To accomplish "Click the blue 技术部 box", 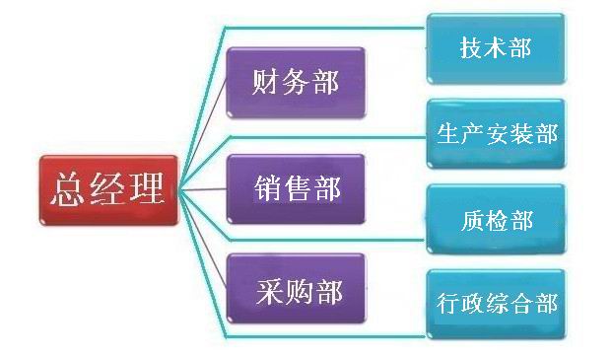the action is pyautogui.click(x=496, y=47).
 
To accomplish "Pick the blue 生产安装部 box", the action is pyautogui.click(x=496, y=132).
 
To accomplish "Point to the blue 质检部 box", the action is pyautogui.click(x=496, y=219).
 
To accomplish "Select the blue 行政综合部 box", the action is pyautogui.click(x=496, y=304).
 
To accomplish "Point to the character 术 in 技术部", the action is pyautogui.click(x=497, y=47).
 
